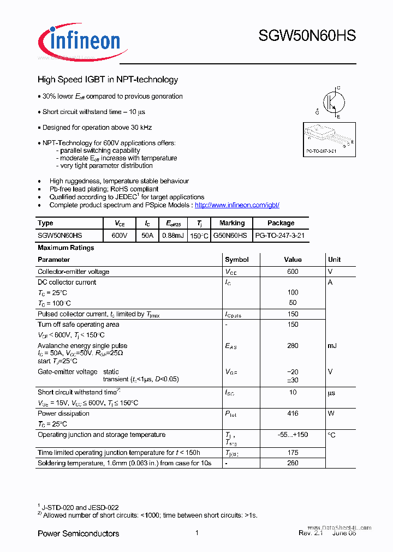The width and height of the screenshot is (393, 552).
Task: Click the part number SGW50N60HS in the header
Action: pyautogui.click(x=307, y=36)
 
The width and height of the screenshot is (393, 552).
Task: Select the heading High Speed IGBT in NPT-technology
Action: pyautogui.click(x=108, y=80)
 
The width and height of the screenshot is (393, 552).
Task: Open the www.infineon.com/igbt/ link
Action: pyautogui.click(x=237, y=205)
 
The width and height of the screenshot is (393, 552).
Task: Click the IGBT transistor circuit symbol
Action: pyautogui.click(x=330, y=101)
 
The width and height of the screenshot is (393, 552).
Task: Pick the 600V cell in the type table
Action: pyautogui.click(x=119, y=236)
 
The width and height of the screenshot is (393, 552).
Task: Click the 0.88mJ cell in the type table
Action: pyautogui.click(x=175, y=236)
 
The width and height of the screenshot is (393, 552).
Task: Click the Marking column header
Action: pyautogui.click(x=232, y=223)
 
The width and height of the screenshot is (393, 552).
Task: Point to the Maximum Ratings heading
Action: pyautogui.click(x=66, y=248)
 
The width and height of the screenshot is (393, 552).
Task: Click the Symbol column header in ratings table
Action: pyautogui.click(x=237, y=260)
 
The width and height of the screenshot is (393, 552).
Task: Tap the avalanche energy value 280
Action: pyautogui.click(x=293, y=346)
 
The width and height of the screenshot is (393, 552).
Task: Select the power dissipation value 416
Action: pyautogui.click(x=293, y=413)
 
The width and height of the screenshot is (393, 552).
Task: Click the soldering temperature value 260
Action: pyautogui.click(x=293, y=463)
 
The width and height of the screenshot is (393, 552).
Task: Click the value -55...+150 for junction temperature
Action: pyautogui.click(x=293, y=435)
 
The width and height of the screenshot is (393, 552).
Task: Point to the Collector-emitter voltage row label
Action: pyautogui.click(x=73, y=272)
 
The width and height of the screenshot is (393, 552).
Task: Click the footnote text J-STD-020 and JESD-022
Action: pyautogui.click(x=81, y=507)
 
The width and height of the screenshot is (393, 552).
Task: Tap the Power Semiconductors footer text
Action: pyautogui.click(x=78, y=533)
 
